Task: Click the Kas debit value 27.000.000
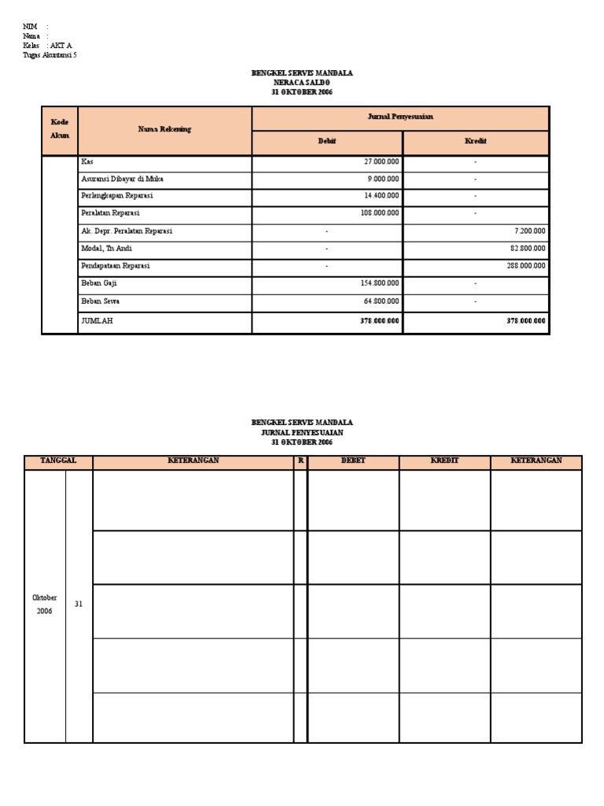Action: (x=381, y=161)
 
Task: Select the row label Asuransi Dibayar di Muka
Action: (x=122, y=179)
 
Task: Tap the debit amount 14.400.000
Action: (x=381, y=196)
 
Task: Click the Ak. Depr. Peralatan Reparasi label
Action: (x=127, y=231)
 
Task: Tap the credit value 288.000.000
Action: (x=525, y=266)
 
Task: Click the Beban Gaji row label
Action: (x=99, y=283)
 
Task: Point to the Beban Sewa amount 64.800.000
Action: (x=381, y=301)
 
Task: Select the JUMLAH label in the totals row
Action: (x=98, y=321)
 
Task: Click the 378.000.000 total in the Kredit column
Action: (x=523, y=321)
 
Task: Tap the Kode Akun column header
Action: (x=60, y=129)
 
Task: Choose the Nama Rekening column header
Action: (x=164, y=129)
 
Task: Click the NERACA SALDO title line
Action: (x=302, y=83)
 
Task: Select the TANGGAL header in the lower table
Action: (x=58, y=460)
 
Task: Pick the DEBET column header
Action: (x=353, y=460)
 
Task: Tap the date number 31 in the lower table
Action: (x=78, y=604)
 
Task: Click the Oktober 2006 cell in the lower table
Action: (x=45, y=604)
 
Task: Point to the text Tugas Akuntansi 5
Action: (x=50, y=55)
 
